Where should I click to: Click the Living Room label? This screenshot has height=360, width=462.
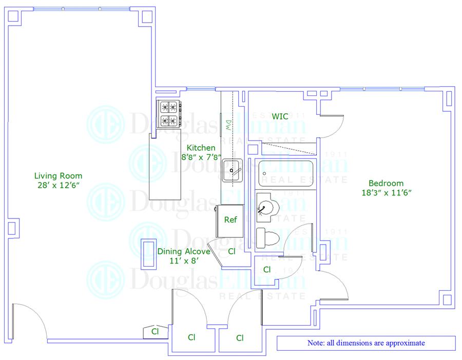(58, 175)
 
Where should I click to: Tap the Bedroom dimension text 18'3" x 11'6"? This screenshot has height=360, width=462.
(386, 192)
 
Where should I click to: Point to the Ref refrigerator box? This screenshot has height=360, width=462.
(230, 220)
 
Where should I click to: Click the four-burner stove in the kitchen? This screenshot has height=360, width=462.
(169, 113)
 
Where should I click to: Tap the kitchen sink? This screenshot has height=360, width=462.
(234, 170)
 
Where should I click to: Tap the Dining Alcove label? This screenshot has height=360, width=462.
(184, 251)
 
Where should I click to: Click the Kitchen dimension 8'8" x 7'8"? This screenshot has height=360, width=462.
(201, 157)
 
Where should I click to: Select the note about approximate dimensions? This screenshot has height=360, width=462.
(366, 343)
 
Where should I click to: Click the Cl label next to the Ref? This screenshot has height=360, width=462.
(232, 251)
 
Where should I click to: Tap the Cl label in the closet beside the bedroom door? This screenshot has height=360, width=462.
(267, 269)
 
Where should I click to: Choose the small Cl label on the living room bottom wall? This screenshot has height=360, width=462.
(155, 331)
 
